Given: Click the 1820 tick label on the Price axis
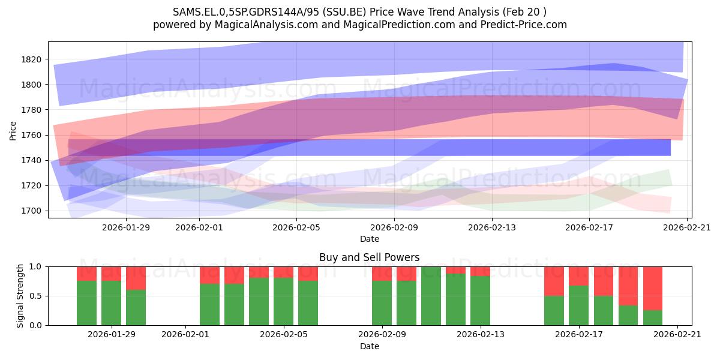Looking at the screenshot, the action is (x=31, y=59).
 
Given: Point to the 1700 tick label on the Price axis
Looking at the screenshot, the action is (x=31, y=211).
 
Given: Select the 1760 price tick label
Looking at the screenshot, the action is (x=31, y=136).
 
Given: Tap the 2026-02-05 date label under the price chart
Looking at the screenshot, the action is (x=296, y=227).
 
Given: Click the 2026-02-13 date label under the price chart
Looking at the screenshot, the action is (x=492, y=227).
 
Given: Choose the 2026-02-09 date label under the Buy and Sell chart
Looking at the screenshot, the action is (x=382, y=335).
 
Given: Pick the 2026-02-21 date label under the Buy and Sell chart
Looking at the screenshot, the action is (x=677, y=335).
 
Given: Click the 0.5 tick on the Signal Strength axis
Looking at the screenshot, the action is (x=35, y=296).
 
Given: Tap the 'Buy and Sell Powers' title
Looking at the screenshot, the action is (x=370, y=257).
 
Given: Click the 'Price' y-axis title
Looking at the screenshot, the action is (x=13, y=131).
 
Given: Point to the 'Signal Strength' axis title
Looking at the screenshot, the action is (x=20, y=296).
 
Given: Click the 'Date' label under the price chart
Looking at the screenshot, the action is (x=370, y=239).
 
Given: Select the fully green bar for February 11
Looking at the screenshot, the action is (x=431, y=296).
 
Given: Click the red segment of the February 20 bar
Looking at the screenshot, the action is (x=653, y=289).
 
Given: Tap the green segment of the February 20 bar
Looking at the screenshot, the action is (x=653, y=318).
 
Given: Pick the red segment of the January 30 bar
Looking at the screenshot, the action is (x=136, y=278).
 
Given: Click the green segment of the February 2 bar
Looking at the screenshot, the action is (x=209, y=304).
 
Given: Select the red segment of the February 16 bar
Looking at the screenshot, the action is (x=554, y=281).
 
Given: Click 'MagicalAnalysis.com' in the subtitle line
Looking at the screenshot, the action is (x=266, y=25).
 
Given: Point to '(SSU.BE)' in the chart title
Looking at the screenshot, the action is (x=344, y=12).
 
